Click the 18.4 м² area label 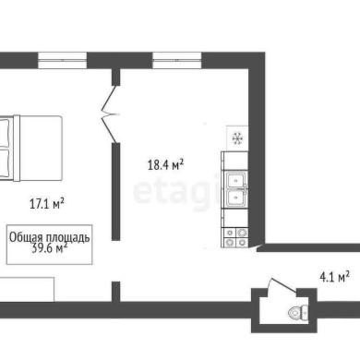pyautogui.click(x=165, y=164)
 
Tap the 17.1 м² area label pyautogui.click(x=47, y=204)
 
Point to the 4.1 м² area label pyautogui.click(x=334, y=277)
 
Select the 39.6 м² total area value pyautogui.click(x=50, y=248)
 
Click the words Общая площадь pyautogui.click(x=50, y=237)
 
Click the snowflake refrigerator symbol pyautogui.click(x=237, y=138)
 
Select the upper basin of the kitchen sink pyautogui.click(x=236, y=181)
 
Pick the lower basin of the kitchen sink pyautogui.click(x=236, y=198)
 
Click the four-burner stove pyautogui.click(x=234, y=237)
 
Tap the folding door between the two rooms pyautogui.click(x=110, y=114)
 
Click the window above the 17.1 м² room pyautogui.click(x=63, y=60)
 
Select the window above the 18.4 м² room pyautogui.click(x=177, y=60)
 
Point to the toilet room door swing pyautogui.click(x=282, y=284)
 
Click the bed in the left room pyautogui.click(x=30, y=148)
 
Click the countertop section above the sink pyautogui.click(x=234, y=162)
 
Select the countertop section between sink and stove pyautogui.click(x=234, y=218)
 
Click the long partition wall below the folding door pyautogui.click(x=115, y=191)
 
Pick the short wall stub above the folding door pyautogui.click(x=115, y=77)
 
